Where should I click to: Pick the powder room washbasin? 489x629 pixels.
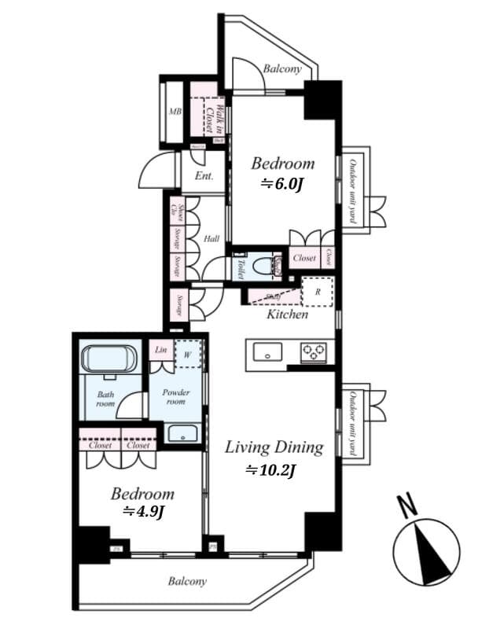(183, 433)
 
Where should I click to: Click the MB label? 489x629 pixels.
(175, 112)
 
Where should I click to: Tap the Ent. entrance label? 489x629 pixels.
(204, 177)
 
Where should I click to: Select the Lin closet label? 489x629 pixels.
(160, 350)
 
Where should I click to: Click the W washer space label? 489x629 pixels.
(188, 354)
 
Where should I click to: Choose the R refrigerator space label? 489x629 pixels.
(318, 291)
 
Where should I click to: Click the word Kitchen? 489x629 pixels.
(287, 314)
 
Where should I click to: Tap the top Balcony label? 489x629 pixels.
(282, 69)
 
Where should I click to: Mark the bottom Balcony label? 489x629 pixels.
(187, 582)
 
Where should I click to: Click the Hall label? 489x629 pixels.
(211, 239)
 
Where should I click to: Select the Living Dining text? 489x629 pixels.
(274, 447)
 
